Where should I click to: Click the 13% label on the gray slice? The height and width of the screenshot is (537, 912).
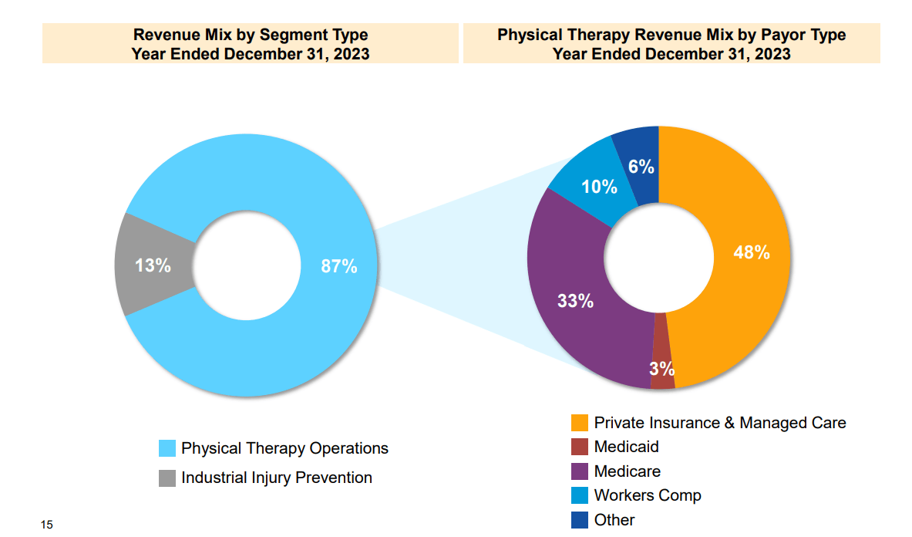click(153, 265)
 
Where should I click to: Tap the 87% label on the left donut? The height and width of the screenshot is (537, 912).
click(339, 266)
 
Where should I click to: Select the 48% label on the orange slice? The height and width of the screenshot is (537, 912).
click(751, 252)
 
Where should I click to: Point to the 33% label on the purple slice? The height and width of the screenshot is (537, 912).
click(575, 301)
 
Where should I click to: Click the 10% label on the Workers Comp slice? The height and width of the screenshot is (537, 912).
click(599, 187)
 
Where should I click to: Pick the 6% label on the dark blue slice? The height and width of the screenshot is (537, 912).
click(641, 167)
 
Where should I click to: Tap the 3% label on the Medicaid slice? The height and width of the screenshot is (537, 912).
click(661, 368)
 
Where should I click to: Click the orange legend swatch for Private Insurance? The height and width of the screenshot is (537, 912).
click(579, 423)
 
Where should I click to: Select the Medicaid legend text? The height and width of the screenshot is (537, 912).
click(626, 447)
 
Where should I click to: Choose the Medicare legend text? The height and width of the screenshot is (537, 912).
click(627, 471)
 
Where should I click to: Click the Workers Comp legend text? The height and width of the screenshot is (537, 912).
click(647, 495)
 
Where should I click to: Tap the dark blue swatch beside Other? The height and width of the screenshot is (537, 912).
click(579, 520)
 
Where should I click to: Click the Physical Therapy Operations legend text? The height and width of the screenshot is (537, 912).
click(284, 448)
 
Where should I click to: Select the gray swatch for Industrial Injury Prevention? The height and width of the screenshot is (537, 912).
click(167, 478)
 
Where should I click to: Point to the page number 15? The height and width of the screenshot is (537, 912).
click(47, 525)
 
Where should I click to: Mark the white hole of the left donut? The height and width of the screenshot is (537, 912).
click(246, 266)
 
